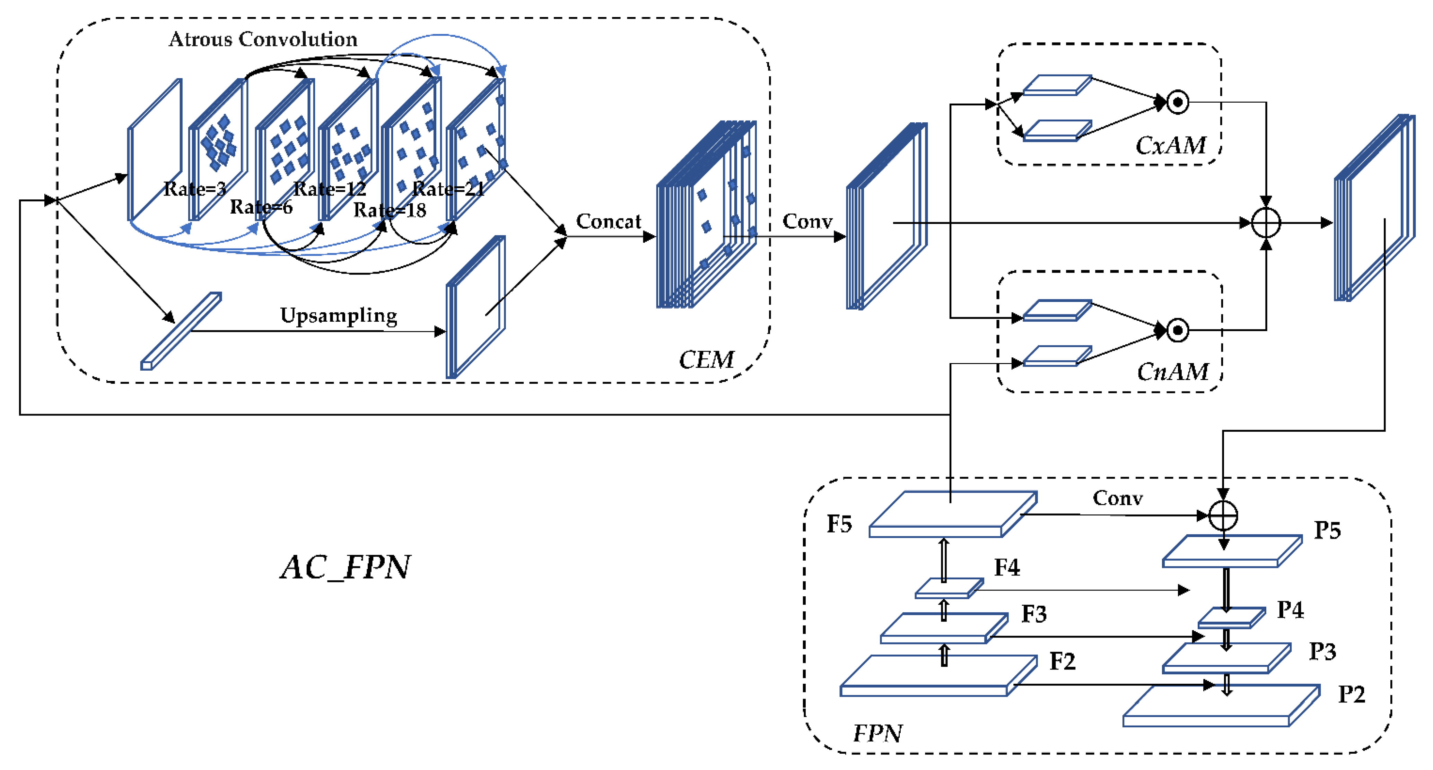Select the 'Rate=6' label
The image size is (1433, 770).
[261, 207]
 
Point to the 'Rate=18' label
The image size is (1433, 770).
[390, 210]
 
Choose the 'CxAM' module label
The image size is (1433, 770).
[1170, 146]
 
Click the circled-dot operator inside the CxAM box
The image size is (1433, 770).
[1177, 102]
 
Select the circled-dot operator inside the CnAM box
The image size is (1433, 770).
[1177, 330]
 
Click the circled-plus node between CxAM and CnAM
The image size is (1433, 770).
[1266, 223]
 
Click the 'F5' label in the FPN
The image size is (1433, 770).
[839, 524]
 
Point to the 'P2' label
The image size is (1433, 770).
[1351, 694]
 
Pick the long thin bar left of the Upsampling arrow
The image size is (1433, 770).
[181, 331]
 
